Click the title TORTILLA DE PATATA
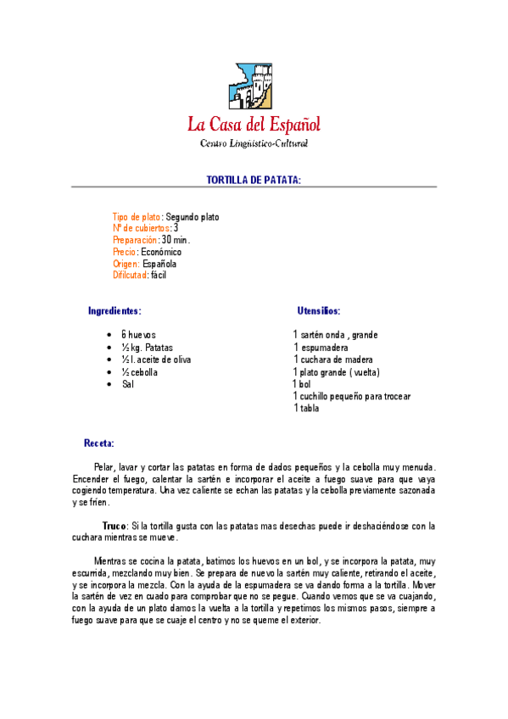(x=254, y=181)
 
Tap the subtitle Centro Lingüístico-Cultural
(x=254, y=143)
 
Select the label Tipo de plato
(x=137, y=217)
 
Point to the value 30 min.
(x=176, y=240)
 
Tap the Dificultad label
(x=130, y=275)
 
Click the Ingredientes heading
(x=114, y=311)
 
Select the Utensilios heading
(x=319, y=311)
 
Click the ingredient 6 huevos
(x=138, y=335)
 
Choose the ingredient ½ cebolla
(x=140, y=372)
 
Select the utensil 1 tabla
(x=306, y=408)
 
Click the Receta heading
(x=98, y=443)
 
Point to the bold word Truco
(x=114, y=526)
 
